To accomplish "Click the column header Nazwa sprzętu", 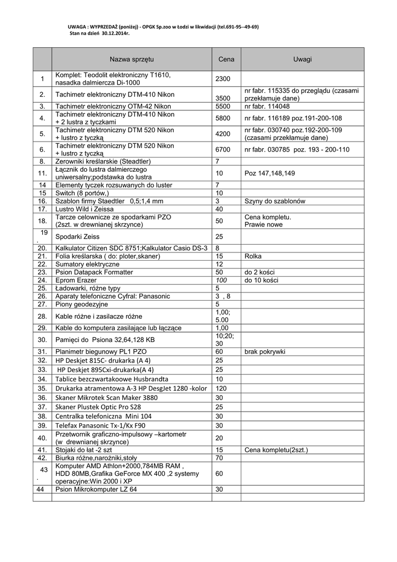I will [x=132, y=59].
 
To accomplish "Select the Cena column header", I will [x=226, y=59].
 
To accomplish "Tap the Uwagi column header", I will [x=302, y=59].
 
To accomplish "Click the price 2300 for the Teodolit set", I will [x=223, y=79].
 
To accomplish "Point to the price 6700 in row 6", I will [x=223, y=149].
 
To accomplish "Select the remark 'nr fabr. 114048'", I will [x=267, y=106].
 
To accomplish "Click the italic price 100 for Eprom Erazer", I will [x=221, y=280].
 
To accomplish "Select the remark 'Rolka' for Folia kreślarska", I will [x=253, y=256].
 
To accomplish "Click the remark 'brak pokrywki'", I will [x=265, y=351].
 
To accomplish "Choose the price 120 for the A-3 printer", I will [x=221, y=388].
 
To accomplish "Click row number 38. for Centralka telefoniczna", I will [x=42, y=416].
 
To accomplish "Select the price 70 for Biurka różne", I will [x=219, y=458].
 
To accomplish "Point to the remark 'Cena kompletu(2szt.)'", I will [x=276, y=450].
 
